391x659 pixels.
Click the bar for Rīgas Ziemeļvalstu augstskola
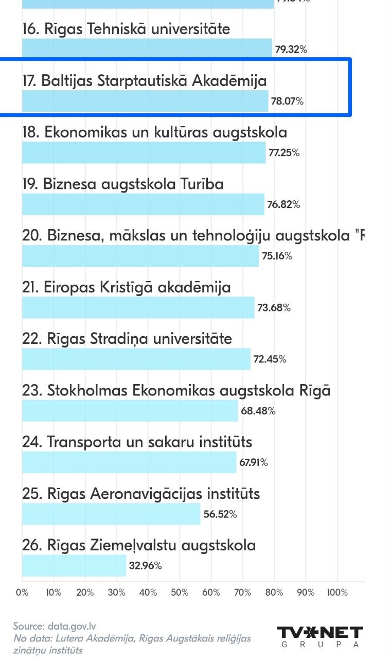tap(74, 565)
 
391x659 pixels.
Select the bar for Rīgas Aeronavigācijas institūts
tap(111, 514)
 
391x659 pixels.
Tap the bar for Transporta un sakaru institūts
tap(129, 462)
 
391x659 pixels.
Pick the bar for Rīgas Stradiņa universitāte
tap(136, 359)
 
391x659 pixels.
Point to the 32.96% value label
tap(146, 566)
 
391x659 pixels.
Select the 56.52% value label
tap(220, 514)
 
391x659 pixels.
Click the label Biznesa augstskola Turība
tap(123, 184)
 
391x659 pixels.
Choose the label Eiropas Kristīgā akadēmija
tap(127, 287)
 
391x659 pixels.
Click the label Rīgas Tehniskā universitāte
tap(126, 29)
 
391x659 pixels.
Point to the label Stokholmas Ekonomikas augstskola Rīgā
tap(176, 390)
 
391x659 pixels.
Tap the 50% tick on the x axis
tap(180, 593)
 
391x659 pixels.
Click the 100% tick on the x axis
tap(337, 593)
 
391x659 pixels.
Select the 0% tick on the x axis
tap(22, 593)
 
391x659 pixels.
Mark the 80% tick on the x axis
tap(274, 593)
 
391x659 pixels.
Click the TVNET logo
tap(320, 636)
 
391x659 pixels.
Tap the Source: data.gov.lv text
tap(55, 627)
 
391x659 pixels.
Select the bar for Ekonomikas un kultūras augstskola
tap(144, 153)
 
